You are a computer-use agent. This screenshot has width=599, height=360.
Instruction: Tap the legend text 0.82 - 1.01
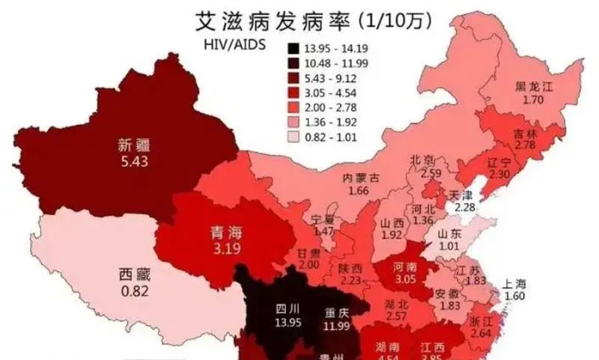[332, 137]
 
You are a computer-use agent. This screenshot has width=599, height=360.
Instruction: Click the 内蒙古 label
[360, 178]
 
